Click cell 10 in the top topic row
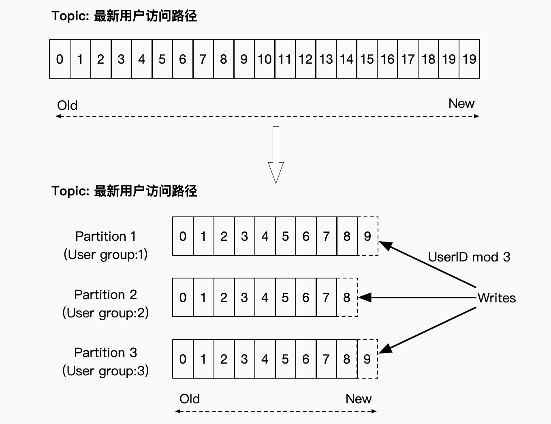click(265, 59)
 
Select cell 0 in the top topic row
click(60, 59)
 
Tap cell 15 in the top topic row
click(367, 59)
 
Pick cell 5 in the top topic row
click(162, 59)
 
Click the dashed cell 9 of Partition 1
click(367, 236)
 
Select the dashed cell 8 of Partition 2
click(347, 298)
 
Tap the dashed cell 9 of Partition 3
click(367, 359)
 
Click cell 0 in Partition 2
click(183, 298)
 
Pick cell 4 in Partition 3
click(265, 359)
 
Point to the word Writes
click(496, 298)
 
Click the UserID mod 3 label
click(469, 257)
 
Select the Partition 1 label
click(105, 236)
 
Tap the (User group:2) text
click(105, 313)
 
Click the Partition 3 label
click(105, 353)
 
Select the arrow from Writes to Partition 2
click(417, 298)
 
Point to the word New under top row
click(461, 104)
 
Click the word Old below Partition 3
click(190, 399)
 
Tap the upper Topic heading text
click(124, 16)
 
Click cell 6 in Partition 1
click(306, 236)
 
